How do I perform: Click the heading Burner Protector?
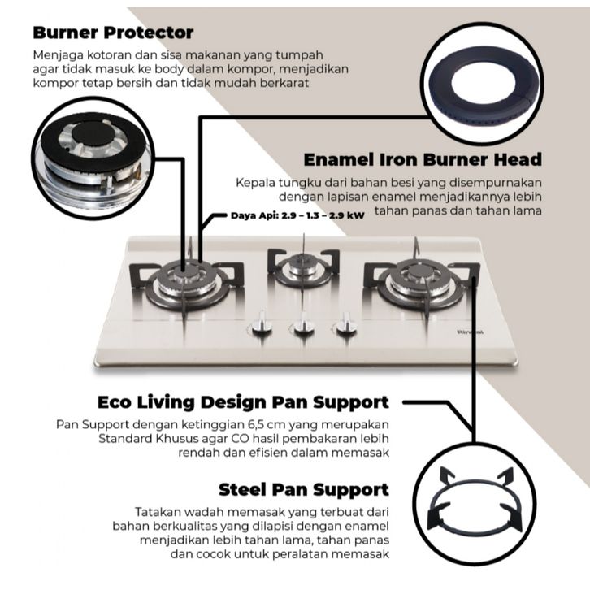pyautogui.click(x=113, y=33)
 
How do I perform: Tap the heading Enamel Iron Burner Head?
pyautogui.click(x=422, y=158)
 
